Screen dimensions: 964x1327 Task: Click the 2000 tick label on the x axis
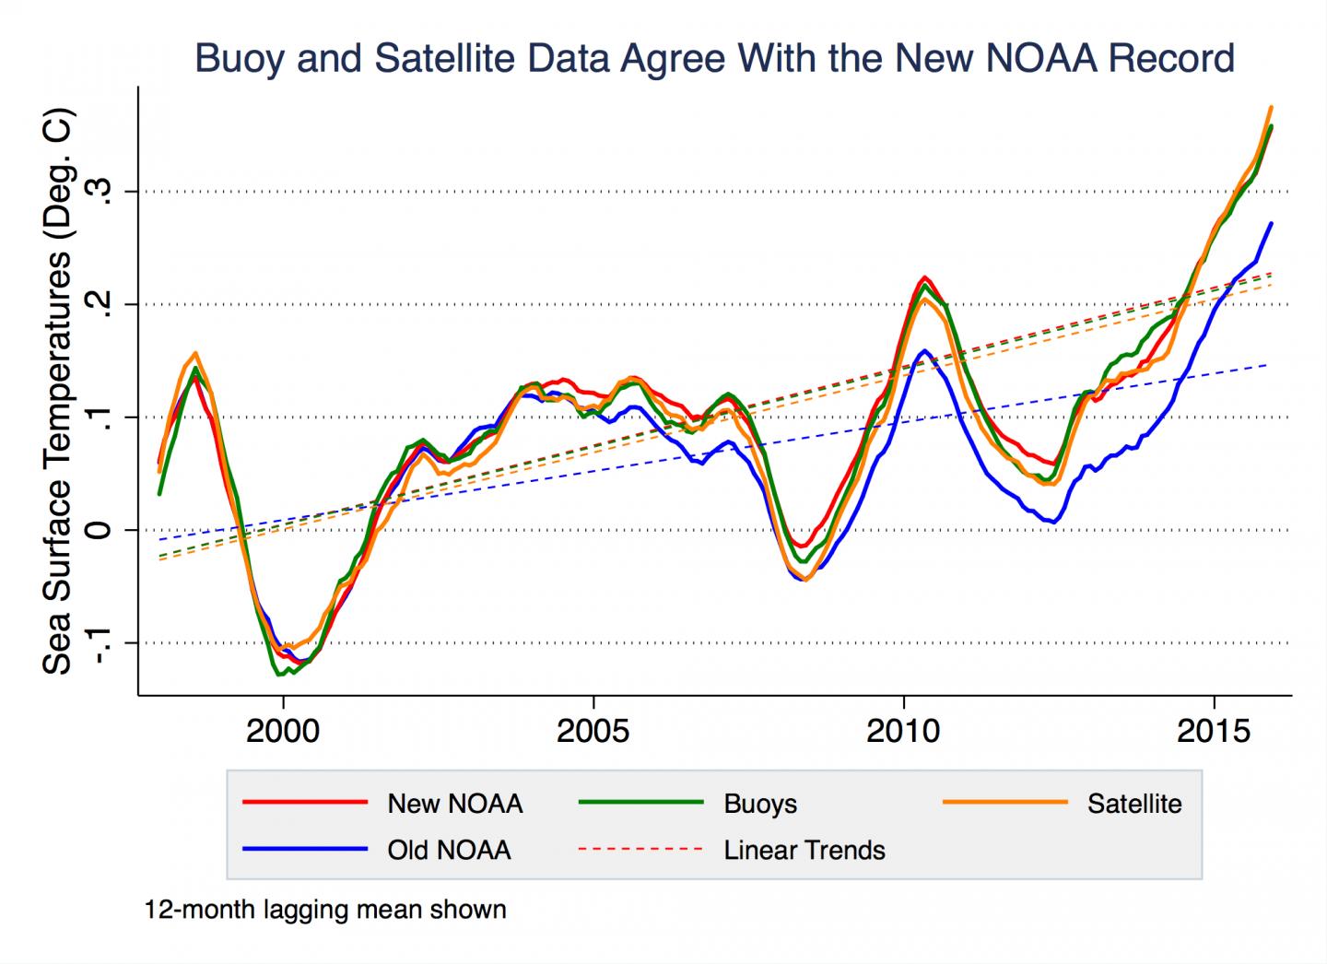coord(283,732)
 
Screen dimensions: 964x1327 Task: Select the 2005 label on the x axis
coord(593,732)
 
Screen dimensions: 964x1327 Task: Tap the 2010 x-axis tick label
coord(903,732)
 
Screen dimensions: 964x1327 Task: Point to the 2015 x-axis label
coord(1214,732)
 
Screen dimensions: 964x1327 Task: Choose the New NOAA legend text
coord(454,804)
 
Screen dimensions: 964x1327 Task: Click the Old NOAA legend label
coord(449,850)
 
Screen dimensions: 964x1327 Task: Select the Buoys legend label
coord(760,804)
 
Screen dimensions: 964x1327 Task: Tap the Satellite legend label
coord(1133,804)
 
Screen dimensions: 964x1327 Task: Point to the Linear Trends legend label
coord(804,850)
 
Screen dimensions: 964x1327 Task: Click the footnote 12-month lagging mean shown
coord(325,911)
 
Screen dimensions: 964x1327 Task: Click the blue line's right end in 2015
coord(1272,223)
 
